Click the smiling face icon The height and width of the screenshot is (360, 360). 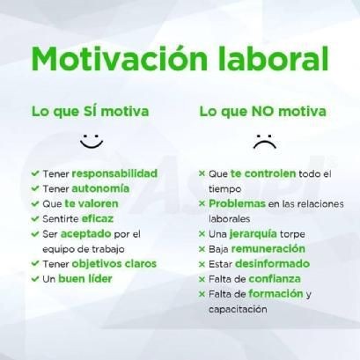pyautogui.click(x=91, y=140)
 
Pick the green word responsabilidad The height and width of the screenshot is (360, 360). pyautogui.click(x=114, y=173)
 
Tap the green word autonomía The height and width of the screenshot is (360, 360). pyautogui.click(x=100, y=188)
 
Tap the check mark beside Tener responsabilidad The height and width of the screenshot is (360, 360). pyautogui.click(x=34, y=174)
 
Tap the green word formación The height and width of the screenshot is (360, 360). pyautogui.click(x=276, y=293)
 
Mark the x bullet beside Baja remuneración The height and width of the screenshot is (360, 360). pyautogui.click(x=202, y=249)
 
